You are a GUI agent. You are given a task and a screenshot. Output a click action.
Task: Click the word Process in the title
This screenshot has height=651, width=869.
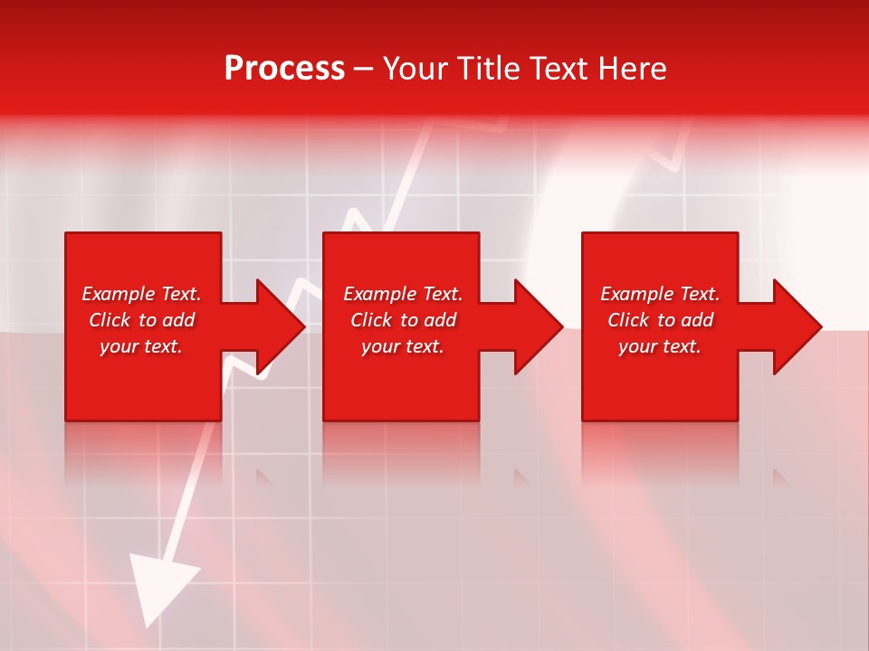click(284, 69)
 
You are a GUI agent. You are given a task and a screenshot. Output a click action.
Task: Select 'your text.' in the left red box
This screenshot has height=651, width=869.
click(141, 346)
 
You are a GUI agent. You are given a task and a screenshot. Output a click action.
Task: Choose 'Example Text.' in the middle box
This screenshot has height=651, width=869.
click(403, 294)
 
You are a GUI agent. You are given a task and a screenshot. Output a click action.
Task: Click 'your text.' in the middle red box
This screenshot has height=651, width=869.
click(403, 346)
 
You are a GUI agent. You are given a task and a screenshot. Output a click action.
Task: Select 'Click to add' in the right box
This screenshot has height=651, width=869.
click(660, 320)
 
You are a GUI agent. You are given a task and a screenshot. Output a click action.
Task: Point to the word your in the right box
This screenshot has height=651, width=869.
click(638, 346)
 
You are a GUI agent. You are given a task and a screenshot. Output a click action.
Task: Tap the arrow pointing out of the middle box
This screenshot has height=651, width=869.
click(538, 326)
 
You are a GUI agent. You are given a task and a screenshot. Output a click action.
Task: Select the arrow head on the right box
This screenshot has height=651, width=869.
click(797, 326)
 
